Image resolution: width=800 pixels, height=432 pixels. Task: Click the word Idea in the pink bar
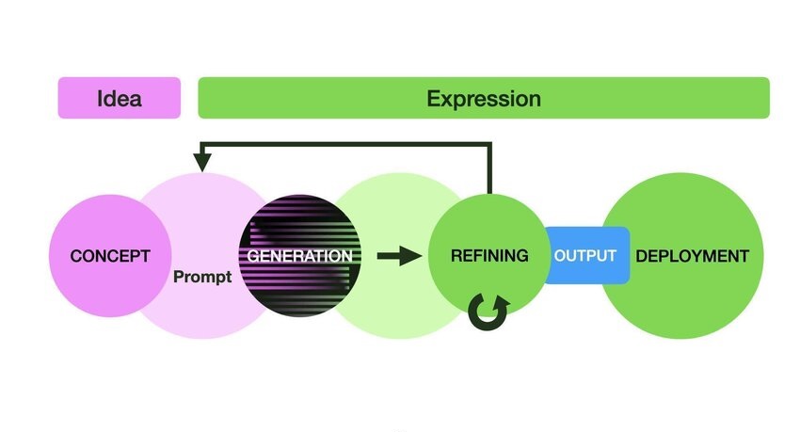click(120, 98)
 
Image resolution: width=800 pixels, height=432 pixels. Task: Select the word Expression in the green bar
click(483, 98)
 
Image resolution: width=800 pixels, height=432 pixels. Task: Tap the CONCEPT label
click(109, 256)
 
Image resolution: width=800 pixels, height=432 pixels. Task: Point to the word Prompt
click(201, 279)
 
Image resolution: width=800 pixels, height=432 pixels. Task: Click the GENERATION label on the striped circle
click(299, 255)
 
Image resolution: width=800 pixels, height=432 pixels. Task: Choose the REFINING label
click(488, 256)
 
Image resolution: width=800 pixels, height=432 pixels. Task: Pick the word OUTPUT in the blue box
click(584, 256)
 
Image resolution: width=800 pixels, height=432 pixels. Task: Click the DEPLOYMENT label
click(693, 256)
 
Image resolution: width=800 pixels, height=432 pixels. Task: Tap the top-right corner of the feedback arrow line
click(489, 144)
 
